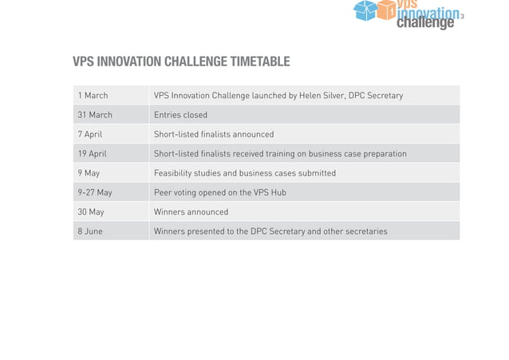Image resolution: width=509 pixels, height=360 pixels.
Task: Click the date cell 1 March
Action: coord(93,96)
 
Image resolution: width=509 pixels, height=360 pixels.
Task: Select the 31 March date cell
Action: coord(95,115)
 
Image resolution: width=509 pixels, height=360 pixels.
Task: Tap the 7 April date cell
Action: coord(90,134)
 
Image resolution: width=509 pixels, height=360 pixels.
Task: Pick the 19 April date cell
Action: coord(92,153)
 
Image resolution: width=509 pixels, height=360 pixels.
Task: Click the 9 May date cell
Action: coord(89,173)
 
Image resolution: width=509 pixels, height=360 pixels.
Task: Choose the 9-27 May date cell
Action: coord(95,192)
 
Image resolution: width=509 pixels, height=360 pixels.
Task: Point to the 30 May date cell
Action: coord(91,212)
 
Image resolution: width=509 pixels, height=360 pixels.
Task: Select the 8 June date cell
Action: coord(90,231)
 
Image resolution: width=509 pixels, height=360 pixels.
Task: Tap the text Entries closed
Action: coord(180,115)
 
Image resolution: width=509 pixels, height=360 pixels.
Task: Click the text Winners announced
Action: coord(191,212)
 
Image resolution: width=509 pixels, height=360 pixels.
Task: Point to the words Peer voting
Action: coord(178,192)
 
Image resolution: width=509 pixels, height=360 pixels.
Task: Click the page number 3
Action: coord(462,18)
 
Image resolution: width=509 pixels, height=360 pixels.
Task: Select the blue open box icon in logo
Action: coord(365,10)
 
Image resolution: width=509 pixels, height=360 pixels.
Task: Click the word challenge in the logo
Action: coord(425,23)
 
